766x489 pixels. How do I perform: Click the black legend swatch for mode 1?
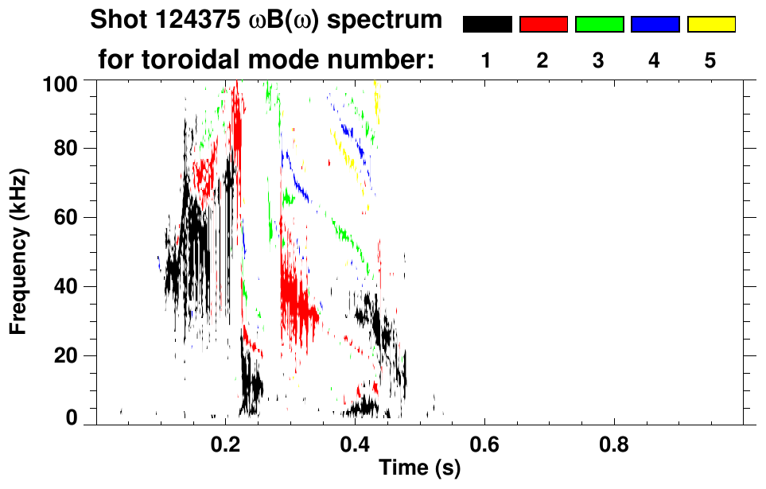(x=487, y=25)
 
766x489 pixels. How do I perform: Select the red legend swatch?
(x=543, y=25)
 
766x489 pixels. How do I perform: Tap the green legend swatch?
(x=599, y=25)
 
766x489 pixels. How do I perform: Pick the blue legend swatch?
(x=655, y=25)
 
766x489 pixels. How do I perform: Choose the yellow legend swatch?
(x=711, y=25)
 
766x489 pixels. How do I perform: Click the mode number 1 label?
(x=487, y=60)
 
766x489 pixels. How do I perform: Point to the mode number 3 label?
(x=599, y=60)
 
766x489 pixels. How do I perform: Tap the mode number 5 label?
(x=710, y=60)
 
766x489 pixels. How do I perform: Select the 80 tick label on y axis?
(x=75, y=149)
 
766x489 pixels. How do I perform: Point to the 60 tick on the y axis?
(x=75, y=217)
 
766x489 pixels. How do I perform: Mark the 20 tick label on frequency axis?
(x=75, y=355)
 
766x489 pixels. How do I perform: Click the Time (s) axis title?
(x=419, y=469)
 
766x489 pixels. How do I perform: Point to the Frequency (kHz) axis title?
(x=19, y=250)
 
